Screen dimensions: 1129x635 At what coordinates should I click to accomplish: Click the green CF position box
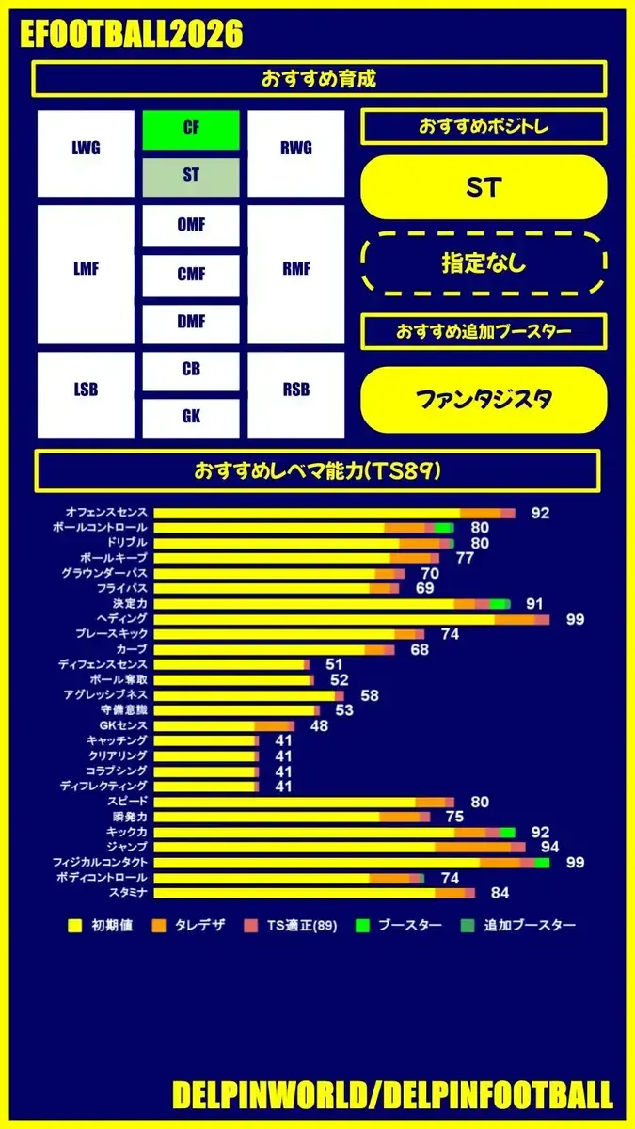click(x=191, y=130)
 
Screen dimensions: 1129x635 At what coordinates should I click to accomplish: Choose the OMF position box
click(x=191, y=226)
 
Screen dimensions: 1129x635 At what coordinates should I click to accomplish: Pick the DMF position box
click(x=191, y=323)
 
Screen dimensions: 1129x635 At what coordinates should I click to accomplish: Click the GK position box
click(x=191, y=417)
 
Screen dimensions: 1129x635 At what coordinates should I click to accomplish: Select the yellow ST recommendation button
click(x=484, y=188)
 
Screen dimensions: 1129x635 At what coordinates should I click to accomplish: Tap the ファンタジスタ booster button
click(x=484, y=400)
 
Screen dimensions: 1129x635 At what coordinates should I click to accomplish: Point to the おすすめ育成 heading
click(x=319, y=79)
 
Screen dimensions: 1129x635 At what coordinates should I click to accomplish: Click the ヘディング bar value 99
click(x=575, y=619)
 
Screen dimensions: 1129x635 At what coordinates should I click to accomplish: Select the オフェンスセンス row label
click(x=105, y=513)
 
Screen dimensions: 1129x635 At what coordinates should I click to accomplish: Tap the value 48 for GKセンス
click(x=319, y=725)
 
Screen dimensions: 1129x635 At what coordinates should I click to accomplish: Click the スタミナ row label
click(x=128, y=892)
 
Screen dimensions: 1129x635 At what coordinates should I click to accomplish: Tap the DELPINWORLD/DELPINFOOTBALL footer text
click(x=392, y=1094)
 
